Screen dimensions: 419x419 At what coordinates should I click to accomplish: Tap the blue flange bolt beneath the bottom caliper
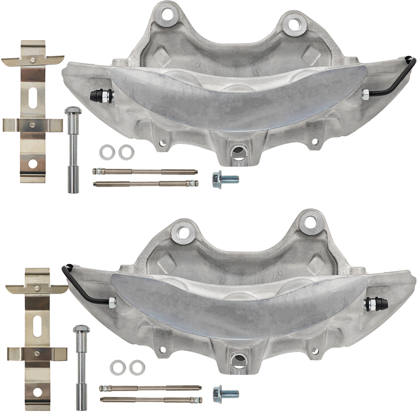[x=225, y=393]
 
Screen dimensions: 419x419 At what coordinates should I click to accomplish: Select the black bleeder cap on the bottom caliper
[x=381, y=304]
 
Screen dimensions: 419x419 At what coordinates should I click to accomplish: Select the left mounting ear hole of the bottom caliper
[x=183, y=232]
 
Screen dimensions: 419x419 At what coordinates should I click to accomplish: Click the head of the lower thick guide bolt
[x=81, y=330]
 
